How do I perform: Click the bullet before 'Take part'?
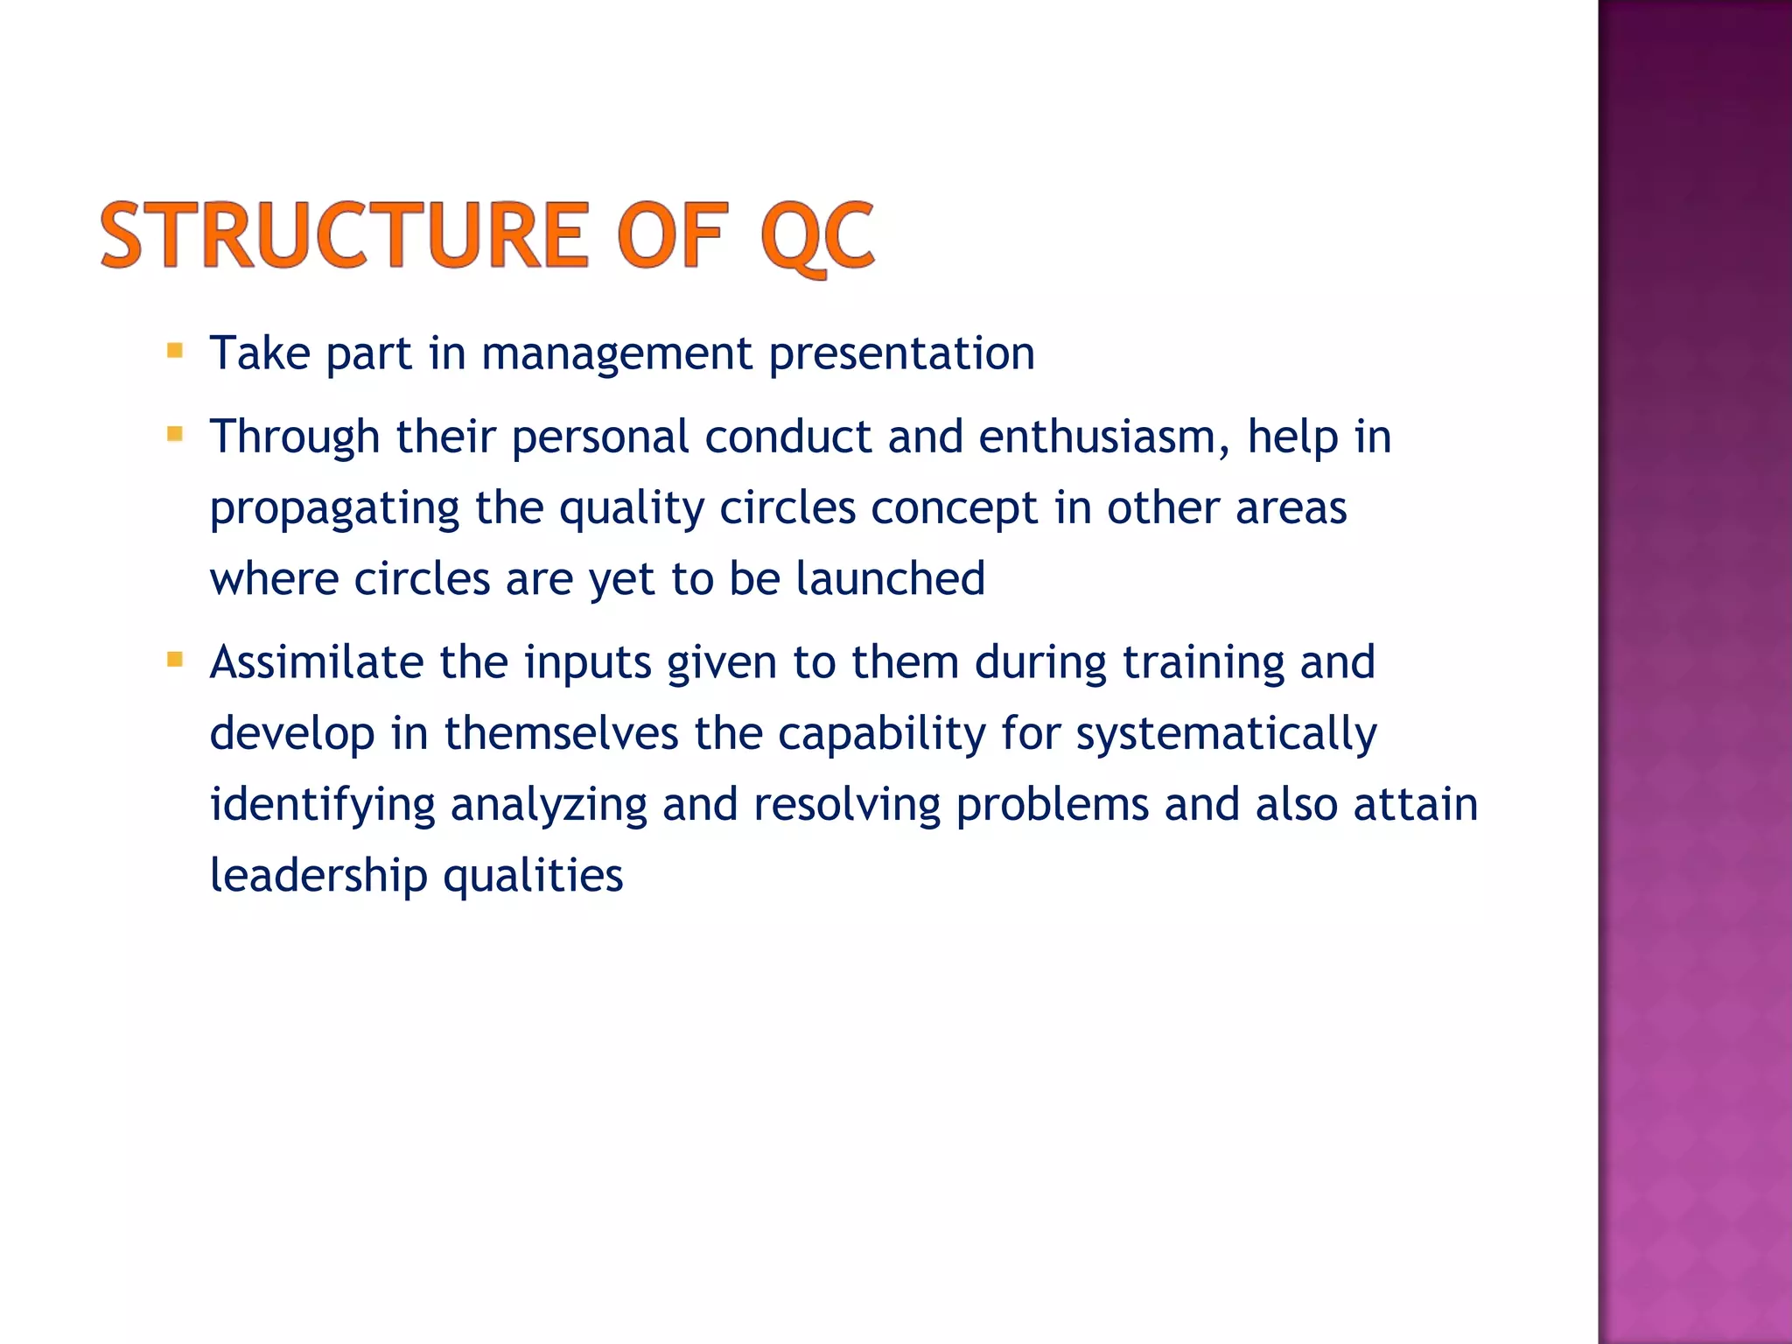175,352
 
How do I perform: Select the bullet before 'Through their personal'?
175,434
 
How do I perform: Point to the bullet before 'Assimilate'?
175,659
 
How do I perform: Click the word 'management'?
616,353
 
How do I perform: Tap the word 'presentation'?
901,353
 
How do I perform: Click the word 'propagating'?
334,509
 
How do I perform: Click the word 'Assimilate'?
317,661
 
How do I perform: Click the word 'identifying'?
322,805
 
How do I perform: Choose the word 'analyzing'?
549,805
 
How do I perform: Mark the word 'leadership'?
318,875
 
